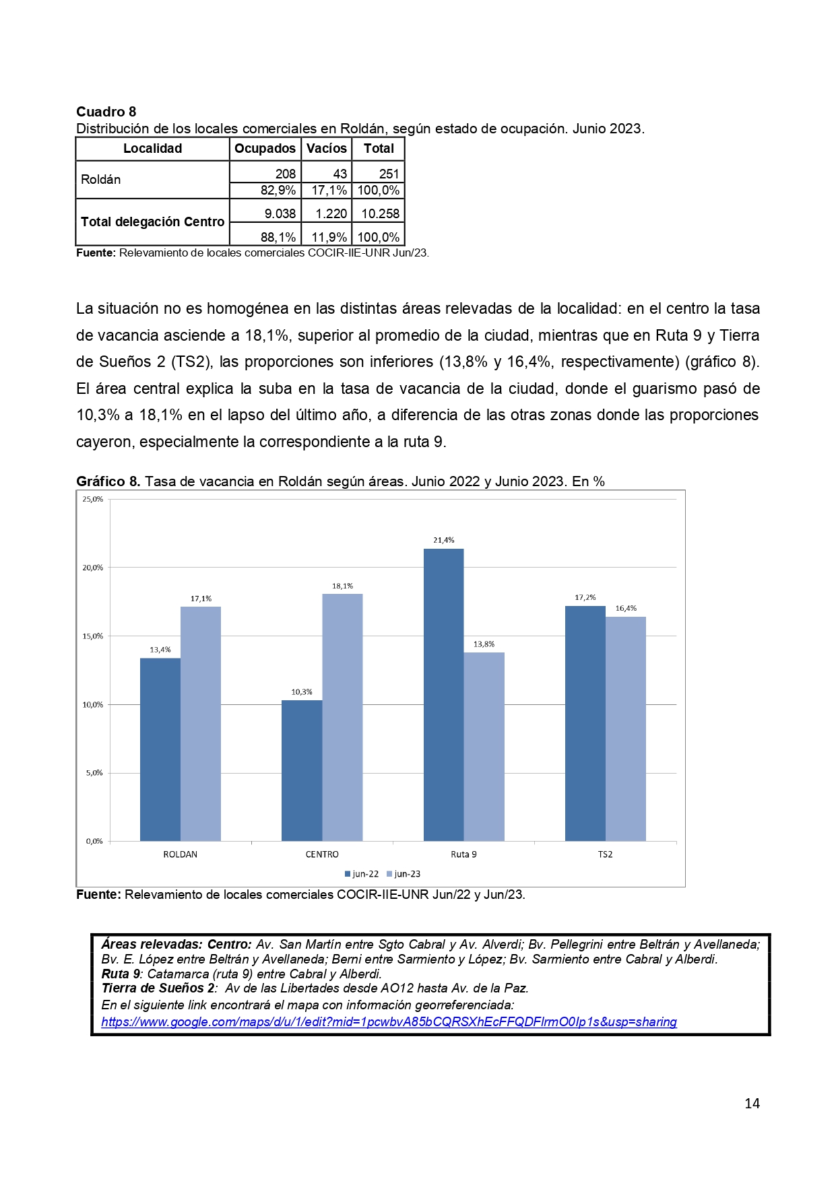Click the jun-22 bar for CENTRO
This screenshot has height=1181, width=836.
[x=302, y=770]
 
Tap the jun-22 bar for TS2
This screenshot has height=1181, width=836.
[x=585, y=723]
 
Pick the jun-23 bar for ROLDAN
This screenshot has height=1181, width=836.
[x=200, y=724]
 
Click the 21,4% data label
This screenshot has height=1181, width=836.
[x=443, y=540]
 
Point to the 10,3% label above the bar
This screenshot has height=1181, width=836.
[x=301, y=691]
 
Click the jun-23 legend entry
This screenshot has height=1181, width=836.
[x=404, y=874]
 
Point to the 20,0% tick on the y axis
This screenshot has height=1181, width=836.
[x=93, y=568]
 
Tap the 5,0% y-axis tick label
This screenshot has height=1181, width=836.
[x=94, y=773]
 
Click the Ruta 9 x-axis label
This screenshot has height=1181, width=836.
[x=463, y=854]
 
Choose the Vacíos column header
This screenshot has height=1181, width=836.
[x=326, y=149]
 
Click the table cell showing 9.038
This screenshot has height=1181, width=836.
[x=280, y=213]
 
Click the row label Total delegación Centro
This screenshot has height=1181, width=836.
[x=152, y=222]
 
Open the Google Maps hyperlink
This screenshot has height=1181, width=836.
[x=389, y=1021]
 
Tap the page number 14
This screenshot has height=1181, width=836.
[x=752, y=1103]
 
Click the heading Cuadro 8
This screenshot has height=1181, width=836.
[x=106, y=112]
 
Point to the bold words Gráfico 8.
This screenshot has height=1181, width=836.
[x=108, y=481]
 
